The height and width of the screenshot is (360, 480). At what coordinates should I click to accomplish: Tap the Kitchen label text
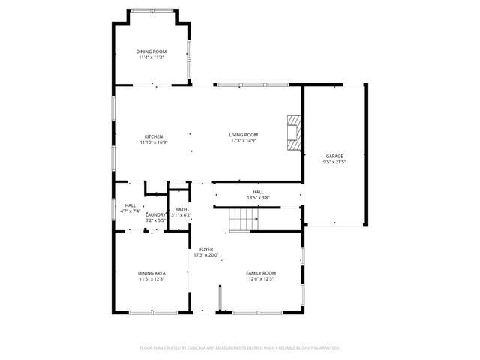point(153,136)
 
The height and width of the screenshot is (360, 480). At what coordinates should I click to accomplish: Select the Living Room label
point(243,135)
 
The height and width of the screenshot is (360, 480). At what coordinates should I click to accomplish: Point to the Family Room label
point(261,273)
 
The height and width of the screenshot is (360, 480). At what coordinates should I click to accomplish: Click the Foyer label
point(205,249)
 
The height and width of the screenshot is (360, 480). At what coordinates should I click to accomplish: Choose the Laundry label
point(156,215)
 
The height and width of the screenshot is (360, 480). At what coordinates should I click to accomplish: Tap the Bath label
point(181,210)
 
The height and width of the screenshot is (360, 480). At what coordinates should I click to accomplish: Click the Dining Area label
point(151,273)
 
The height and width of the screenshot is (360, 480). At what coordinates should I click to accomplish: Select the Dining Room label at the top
point(151,52)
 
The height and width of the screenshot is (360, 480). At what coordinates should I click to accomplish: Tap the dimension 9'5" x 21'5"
point(334,161)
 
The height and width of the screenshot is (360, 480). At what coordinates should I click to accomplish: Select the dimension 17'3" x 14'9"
point(243,141)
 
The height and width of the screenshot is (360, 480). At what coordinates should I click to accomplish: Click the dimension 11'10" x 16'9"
point(153,142)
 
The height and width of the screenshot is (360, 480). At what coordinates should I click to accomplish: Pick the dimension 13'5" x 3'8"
point(258,198)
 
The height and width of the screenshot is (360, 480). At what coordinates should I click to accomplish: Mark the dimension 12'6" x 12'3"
point(261,279)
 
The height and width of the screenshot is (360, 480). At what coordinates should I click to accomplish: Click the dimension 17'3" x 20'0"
point(205,255)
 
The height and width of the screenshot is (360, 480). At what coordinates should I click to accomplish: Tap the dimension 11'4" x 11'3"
point(151,58)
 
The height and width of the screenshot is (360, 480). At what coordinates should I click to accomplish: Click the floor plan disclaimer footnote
point(240,348)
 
